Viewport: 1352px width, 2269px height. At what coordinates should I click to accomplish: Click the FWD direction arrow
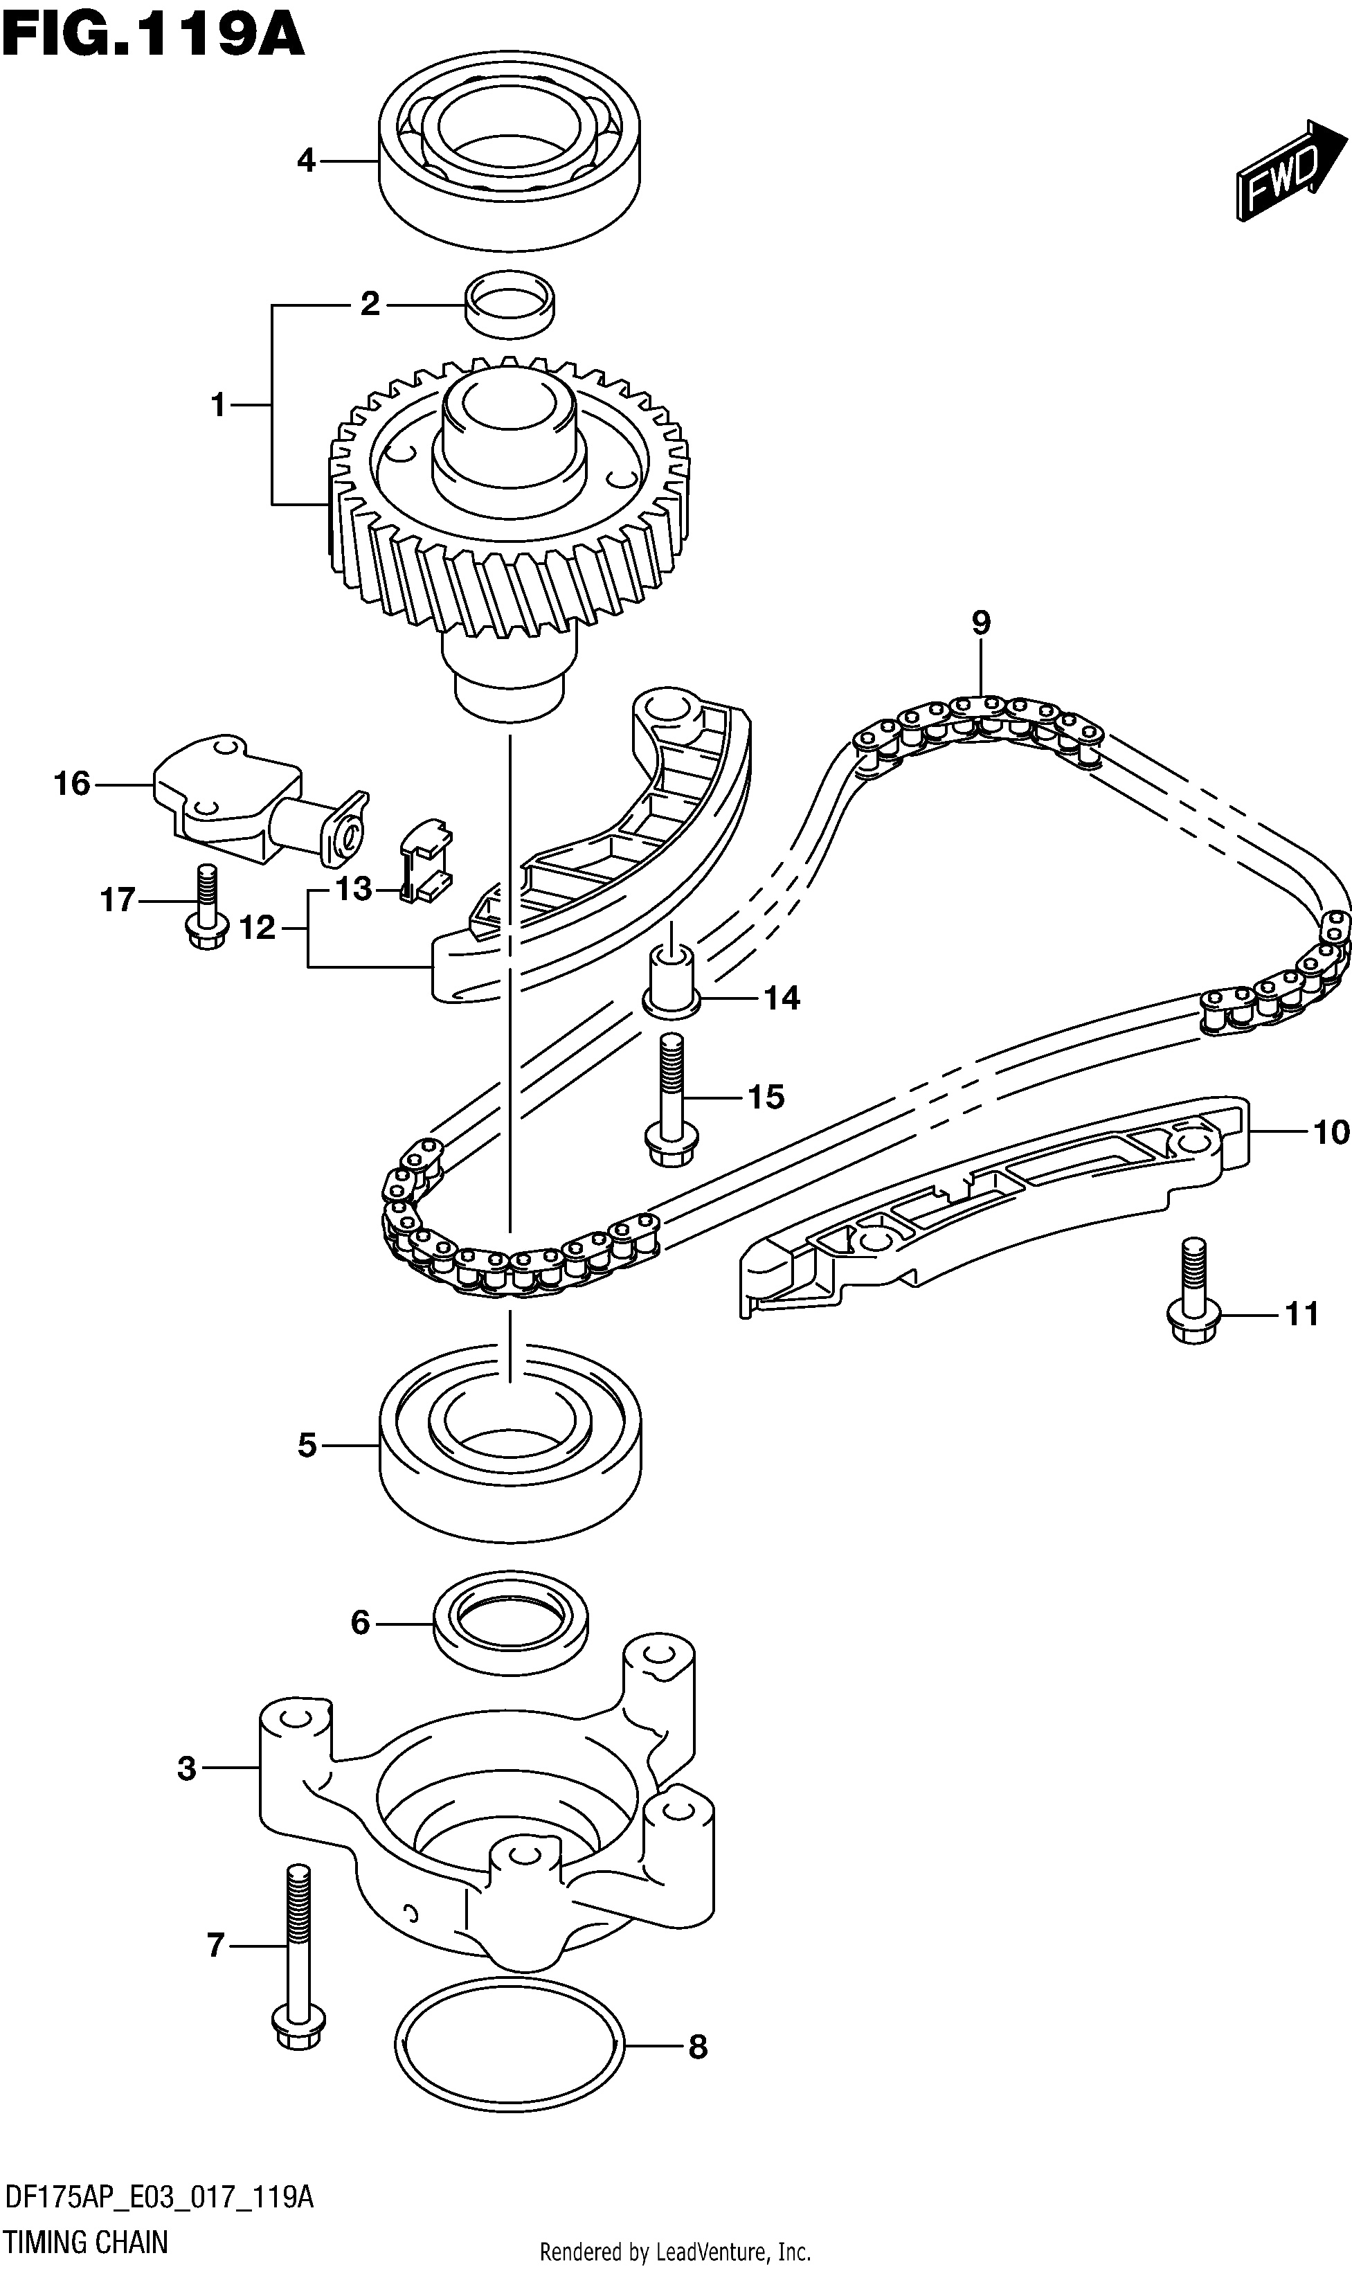click(x=1291, y=170)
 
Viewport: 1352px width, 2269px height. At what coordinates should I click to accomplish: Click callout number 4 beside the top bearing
click(x=306, y=161)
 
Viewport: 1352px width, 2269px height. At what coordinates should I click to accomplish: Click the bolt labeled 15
click(x=672, y=1098)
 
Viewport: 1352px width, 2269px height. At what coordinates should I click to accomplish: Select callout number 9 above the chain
click(x=980, y=622)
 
